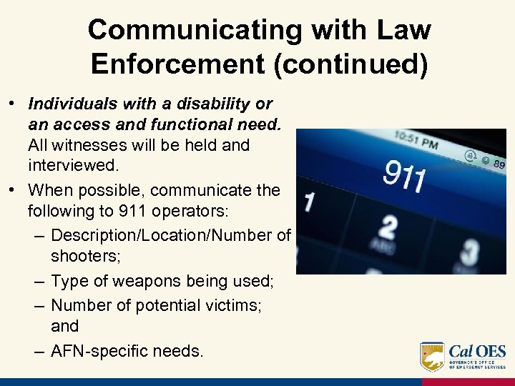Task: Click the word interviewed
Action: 72,166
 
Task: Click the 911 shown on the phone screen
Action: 405,175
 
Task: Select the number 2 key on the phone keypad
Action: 388,228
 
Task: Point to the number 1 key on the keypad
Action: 308,202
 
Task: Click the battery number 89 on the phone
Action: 498,164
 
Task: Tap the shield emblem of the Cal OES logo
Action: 432,356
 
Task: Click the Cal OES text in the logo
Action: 477,352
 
